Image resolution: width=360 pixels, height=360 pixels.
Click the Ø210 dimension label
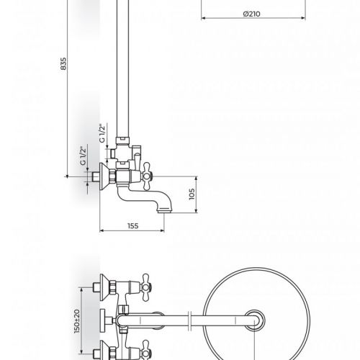click(x=251, y=14)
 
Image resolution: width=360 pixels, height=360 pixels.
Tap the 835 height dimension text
click(x=63, y=63)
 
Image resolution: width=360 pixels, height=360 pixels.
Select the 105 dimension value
click(x=192, y=194)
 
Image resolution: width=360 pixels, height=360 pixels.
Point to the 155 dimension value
click(x=133, y=226)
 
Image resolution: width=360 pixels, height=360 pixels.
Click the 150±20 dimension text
click(x=77, y=321)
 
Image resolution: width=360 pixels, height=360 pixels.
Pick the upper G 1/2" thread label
click(x=103, y=133)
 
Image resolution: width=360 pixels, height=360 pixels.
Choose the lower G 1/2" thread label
click(x=83, y=156)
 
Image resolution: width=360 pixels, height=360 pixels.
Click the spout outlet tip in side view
click(x=164, y=211)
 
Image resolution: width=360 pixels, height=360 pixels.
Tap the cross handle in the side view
click(x=146, y=176)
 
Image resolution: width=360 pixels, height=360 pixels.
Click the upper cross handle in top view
click(x=145, y=287)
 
